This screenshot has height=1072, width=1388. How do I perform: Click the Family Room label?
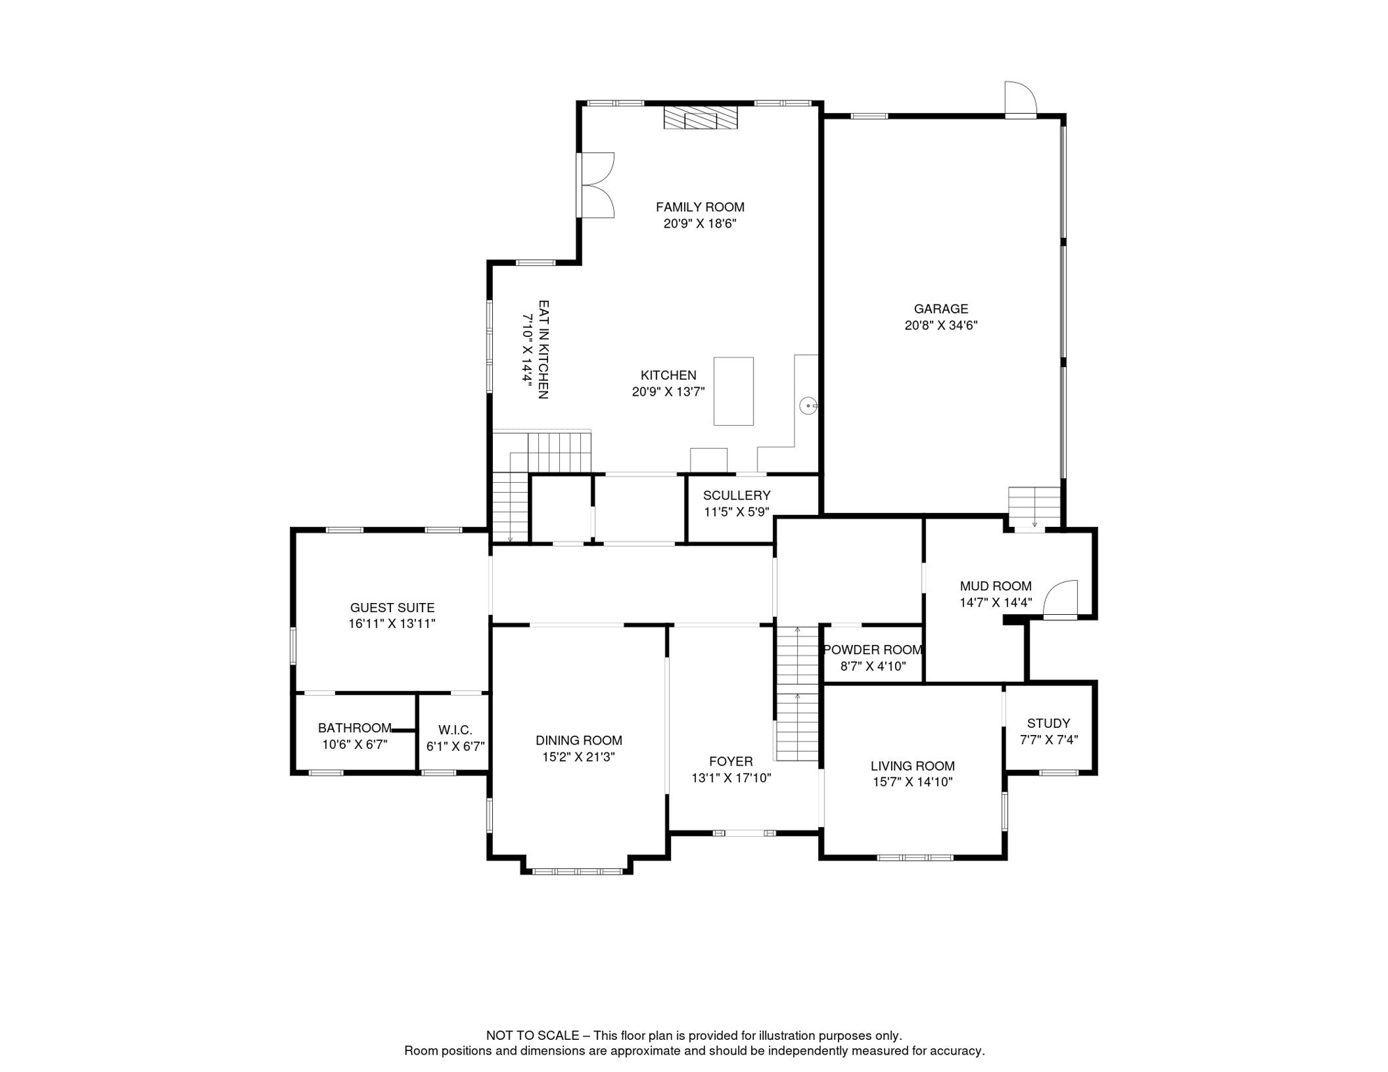click(700, 207)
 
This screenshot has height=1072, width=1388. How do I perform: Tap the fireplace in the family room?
click(700, 117)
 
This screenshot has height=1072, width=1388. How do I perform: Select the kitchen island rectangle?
click(733, 391)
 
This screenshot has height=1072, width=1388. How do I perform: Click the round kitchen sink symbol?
click(808, 405)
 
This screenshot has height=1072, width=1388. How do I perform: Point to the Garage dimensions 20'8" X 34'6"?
click(941, 325)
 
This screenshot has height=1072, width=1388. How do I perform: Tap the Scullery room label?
click(737, 496)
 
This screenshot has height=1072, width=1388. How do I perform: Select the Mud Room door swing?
click(1061, 599)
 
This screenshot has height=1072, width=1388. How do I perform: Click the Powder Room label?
click(873, 650)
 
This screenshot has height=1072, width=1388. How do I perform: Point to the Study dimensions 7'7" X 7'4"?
click(1049, 740)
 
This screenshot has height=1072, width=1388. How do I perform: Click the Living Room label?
click(913, 766)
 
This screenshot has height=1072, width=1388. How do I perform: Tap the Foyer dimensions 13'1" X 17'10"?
click(731, 778)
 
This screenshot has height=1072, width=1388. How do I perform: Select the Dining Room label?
click(579, 740)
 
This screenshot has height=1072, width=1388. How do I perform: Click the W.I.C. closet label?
click(455, 730)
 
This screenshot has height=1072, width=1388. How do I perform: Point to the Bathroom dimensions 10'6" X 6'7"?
click(355, 745)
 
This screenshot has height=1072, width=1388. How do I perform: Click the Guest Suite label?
click(392, 608)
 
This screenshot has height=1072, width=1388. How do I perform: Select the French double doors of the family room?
click(596, 185)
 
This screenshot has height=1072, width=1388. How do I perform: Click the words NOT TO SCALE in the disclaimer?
click(533, 1036)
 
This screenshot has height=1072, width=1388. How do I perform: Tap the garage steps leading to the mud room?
click(1035, 507)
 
